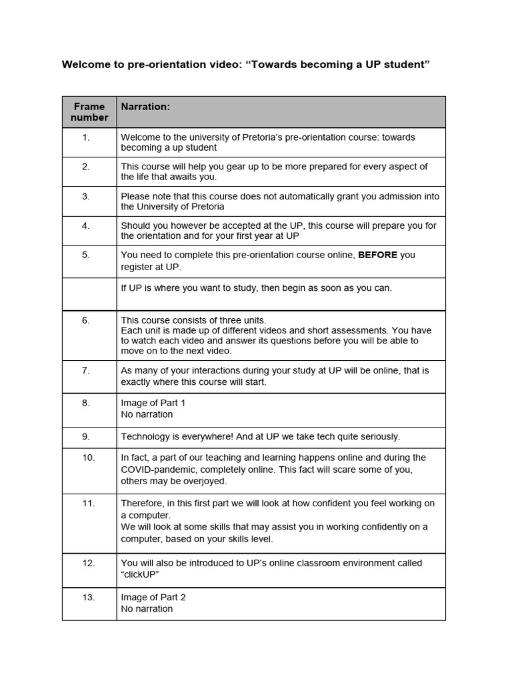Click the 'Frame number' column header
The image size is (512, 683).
(89, 112)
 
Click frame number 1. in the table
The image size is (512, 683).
(86, 137)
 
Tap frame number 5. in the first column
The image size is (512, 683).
(86, 255)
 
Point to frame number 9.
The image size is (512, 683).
(86, 437)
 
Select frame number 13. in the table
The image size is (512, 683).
(89, 598)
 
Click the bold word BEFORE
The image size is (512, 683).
(378, 255)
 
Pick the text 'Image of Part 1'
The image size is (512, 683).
(153, 404)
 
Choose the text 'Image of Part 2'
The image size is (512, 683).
(153, 598)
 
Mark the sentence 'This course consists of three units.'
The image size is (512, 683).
(193, 320)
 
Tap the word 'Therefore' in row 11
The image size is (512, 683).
(143, 504)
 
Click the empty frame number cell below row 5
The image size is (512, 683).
(89, 294)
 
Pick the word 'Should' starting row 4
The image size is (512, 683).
(136, 225)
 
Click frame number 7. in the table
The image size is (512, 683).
(86, 371)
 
